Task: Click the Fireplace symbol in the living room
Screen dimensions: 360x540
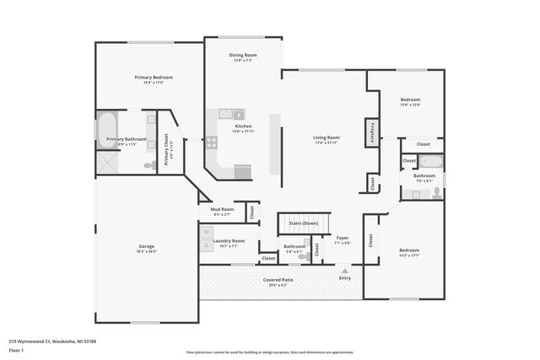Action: [370, 132]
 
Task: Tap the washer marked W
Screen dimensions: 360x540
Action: [206, 231]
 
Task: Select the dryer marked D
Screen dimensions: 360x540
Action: [206, 244]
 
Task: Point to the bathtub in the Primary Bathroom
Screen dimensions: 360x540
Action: [108, 131]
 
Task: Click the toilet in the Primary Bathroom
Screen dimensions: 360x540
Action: [149, 166]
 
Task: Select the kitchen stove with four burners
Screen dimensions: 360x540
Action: [211, 142]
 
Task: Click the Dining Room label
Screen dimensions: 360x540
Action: [243, 55]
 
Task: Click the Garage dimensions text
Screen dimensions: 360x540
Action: [147, 251]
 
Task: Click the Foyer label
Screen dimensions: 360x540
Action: [343, 238]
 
